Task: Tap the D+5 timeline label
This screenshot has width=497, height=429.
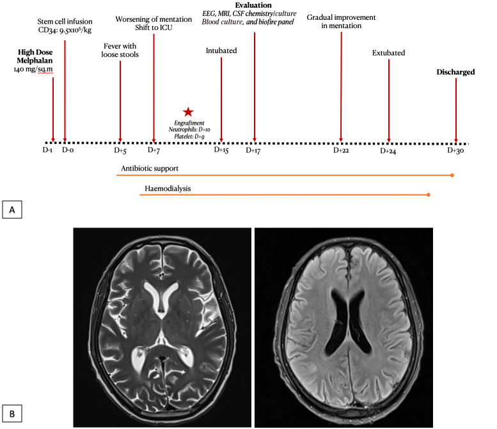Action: (120, 151)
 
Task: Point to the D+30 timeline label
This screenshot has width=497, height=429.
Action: (456, 151)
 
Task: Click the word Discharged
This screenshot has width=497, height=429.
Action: (455, 72)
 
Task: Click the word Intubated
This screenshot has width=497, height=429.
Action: (221, 51)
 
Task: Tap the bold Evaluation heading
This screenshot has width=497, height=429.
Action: (254, 6)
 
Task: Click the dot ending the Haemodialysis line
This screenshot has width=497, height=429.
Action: (428, 195)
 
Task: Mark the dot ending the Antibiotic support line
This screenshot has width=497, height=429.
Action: (452, 175)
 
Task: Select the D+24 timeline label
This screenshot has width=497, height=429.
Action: (389, 152)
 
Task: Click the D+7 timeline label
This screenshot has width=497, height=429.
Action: (154, 151)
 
